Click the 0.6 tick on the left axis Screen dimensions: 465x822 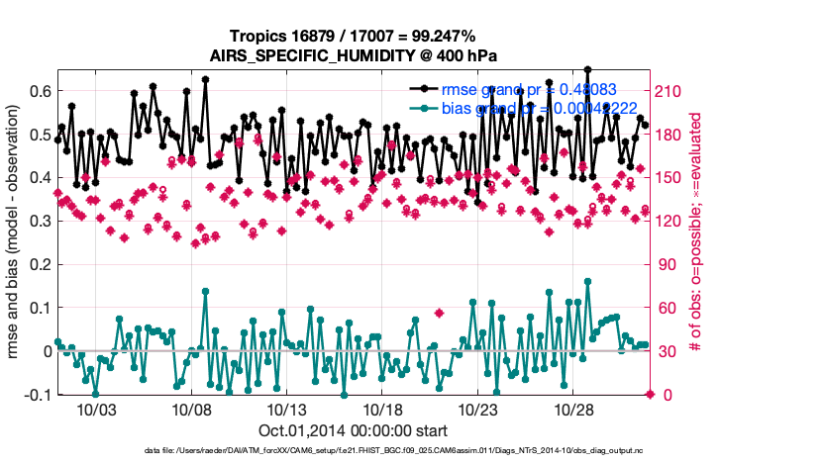click(x=41, y=91)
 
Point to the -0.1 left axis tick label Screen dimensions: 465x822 click(x=38, y=395)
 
